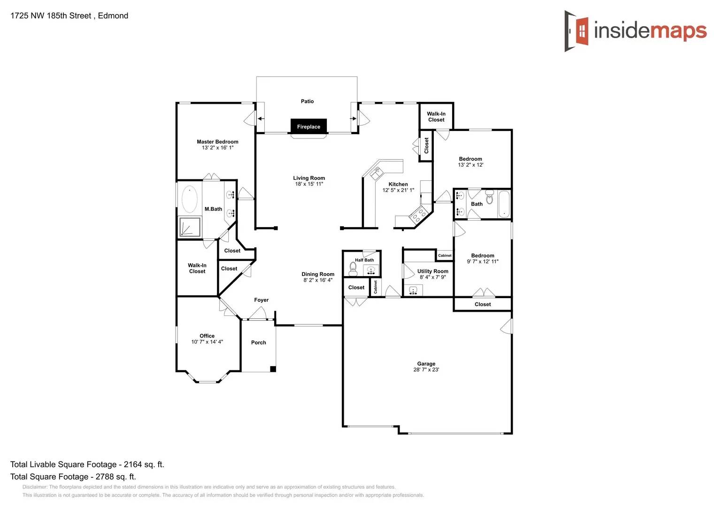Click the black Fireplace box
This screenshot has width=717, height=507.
(x=308, y=126)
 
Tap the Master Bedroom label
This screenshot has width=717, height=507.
(x=217, y=142)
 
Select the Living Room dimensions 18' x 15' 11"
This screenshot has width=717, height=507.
(x=309, y=184)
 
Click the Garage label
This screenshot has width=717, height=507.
(x=426, y=364)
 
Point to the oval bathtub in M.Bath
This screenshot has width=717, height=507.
(x=190, y=199)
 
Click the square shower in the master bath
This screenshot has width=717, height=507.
(x=190, y=227)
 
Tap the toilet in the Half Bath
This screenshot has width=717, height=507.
(x=353, y=268)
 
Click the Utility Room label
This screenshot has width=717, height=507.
(x=432, y=271)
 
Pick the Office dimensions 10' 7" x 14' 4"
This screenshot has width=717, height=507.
(x=207, y=342)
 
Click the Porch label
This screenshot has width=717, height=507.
(x=258, y=343)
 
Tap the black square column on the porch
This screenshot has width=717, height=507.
(x=273, y=369)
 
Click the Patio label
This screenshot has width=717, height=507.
(x=307, y=101)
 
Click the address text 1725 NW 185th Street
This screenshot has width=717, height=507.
(x=51, y=15)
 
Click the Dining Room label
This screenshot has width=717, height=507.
(x=318, y=274)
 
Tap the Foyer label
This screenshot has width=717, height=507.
(x=261, y=300)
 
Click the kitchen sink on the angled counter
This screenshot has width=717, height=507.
(x=376, y=173)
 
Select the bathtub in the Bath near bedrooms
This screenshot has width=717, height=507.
(x=504, y=204)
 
